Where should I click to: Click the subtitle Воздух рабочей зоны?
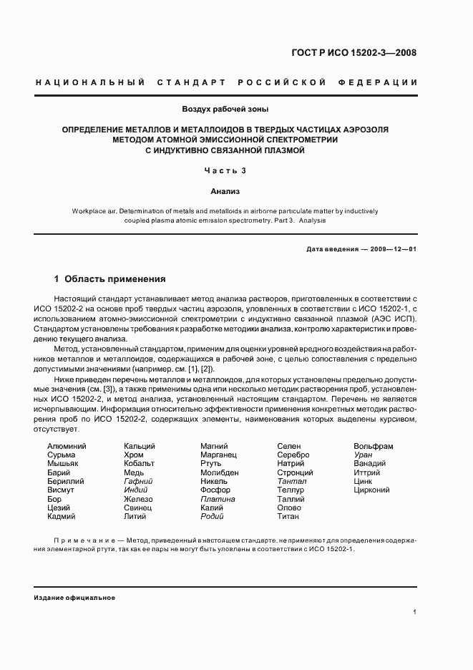click(x=225, y=110)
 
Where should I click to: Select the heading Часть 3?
click(x=225, y=170)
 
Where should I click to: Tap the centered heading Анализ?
click(x=225, y=191)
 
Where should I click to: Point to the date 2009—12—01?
click(x=393, y=248)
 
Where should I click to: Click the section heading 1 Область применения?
click(x=110, y=279)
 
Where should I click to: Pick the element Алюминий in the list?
click(x=67, y=446)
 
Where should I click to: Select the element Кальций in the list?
click(x=140, y=446)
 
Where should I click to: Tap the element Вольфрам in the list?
click(x=374, y=446)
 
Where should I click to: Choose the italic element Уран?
click(x=363, y=455)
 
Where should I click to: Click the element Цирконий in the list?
click(x=371, y=490)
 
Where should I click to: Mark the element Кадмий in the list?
click(x=62, y=516)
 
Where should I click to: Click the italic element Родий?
click(x=212, y=516)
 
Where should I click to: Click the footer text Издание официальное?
click(x=74, y=597)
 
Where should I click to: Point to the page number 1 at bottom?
click(x=415, y=611)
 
